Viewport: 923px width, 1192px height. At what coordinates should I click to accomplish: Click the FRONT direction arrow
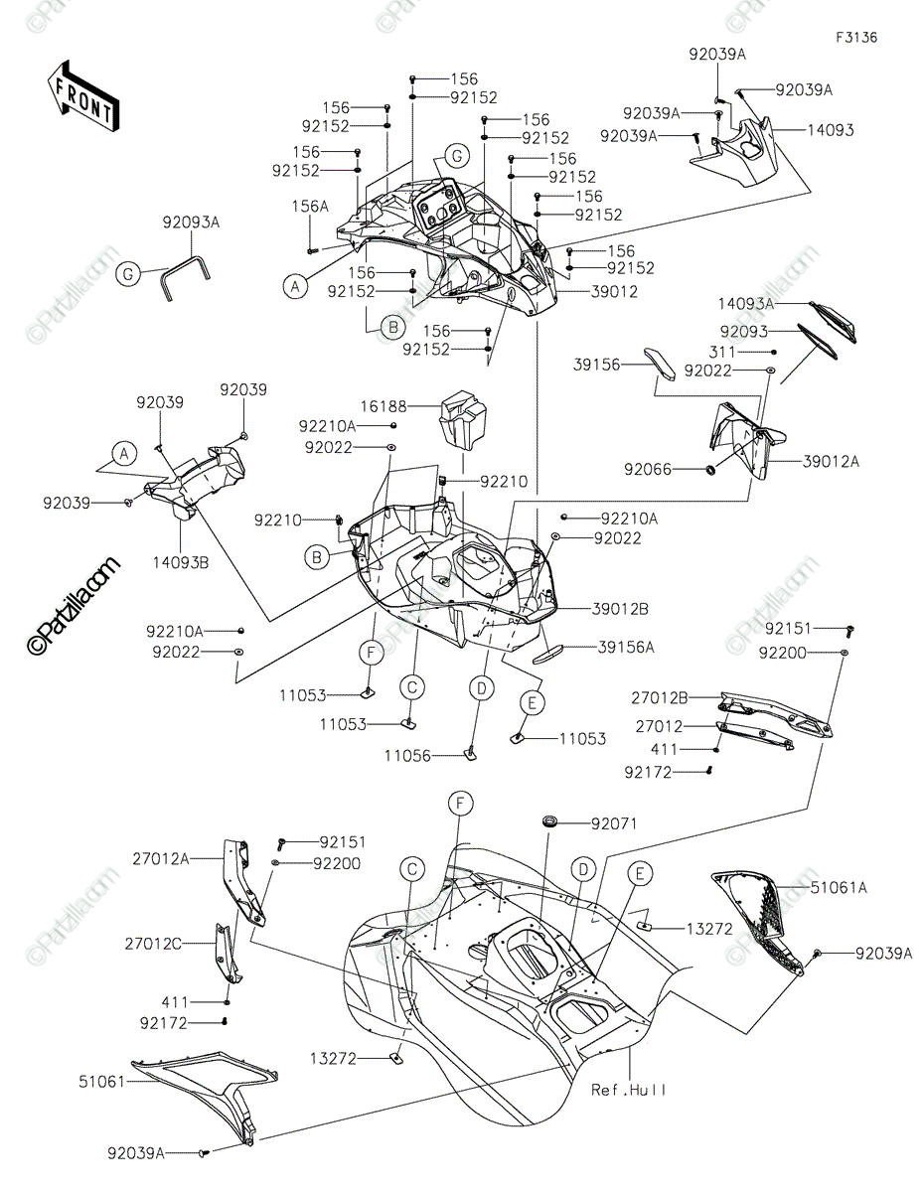[83, 96]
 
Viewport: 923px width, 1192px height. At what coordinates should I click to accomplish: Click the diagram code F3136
[856, 38]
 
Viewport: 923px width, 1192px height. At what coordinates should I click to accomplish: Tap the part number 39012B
[620, 609]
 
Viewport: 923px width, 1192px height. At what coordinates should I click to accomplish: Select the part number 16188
[384, 406]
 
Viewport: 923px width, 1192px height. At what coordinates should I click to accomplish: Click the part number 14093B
[181, 563]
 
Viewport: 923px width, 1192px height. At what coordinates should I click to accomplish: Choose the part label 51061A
[839, 888]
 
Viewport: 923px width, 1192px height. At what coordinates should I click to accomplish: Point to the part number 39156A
[626, 648]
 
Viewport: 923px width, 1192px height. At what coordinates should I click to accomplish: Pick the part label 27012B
[659, 697]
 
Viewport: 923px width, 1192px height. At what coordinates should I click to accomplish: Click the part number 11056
[407, 756]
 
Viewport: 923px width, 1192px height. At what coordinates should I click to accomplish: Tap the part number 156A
[310, 207]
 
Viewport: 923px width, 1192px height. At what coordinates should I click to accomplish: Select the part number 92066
[648, 469]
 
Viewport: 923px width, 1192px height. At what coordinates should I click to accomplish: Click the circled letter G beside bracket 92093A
[128, 274]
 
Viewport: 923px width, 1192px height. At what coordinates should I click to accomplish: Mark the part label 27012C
[153, 944]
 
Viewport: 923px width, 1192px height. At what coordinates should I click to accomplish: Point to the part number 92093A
[191, 223]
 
